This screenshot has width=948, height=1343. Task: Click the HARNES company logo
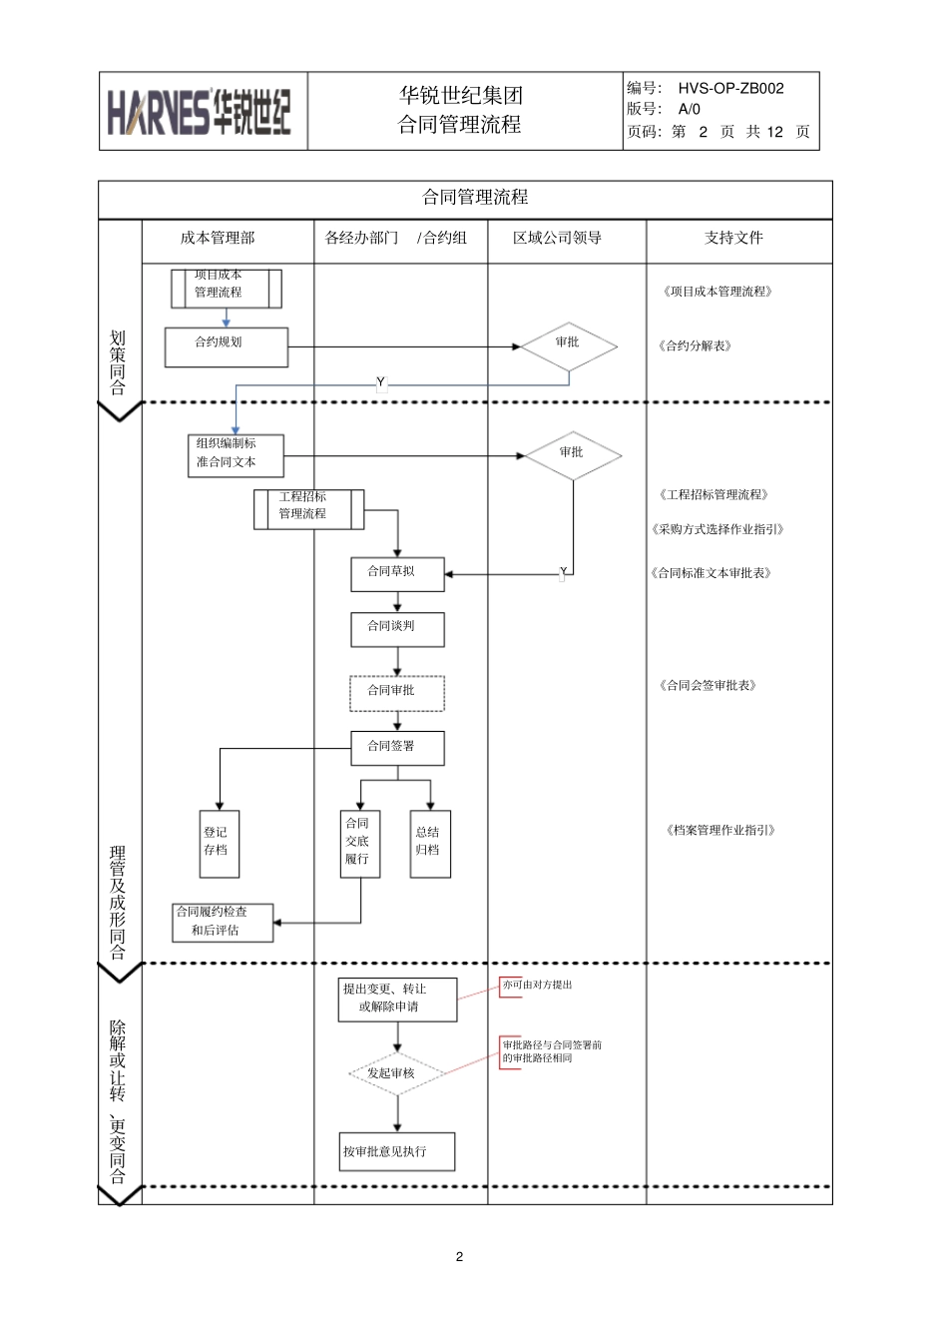pos(200,112)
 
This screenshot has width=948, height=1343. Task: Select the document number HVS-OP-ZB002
pos(730,88)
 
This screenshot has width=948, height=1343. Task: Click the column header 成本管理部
pos(218,238)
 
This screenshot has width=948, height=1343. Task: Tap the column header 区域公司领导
pos(557,238)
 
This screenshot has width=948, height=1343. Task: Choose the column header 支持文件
pos(733,238)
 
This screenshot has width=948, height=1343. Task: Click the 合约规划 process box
pos(227,346)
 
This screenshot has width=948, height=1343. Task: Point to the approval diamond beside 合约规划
pos(568,346)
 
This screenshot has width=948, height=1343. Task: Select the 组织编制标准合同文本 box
pos(236,455)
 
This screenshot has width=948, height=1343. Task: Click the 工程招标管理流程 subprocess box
pos(308,509)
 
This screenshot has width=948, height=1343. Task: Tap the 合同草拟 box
pos(397,574)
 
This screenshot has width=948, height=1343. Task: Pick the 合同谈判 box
pos(397,629)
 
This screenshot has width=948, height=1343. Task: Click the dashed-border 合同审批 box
pos(397,693)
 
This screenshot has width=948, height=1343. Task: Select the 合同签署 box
pos(397,748)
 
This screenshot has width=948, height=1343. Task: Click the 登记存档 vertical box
pos(219,843)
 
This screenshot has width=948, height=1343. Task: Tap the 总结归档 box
pos(430,843)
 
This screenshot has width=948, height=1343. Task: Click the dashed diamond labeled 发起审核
pos(397,1074)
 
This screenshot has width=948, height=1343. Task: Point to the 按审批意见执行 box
pos(397,1151)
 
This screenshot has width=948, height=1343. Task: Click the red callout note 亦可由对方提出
pos(537,986)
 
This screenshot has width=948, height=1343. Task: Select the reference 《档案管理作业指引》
pos(720,830)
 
